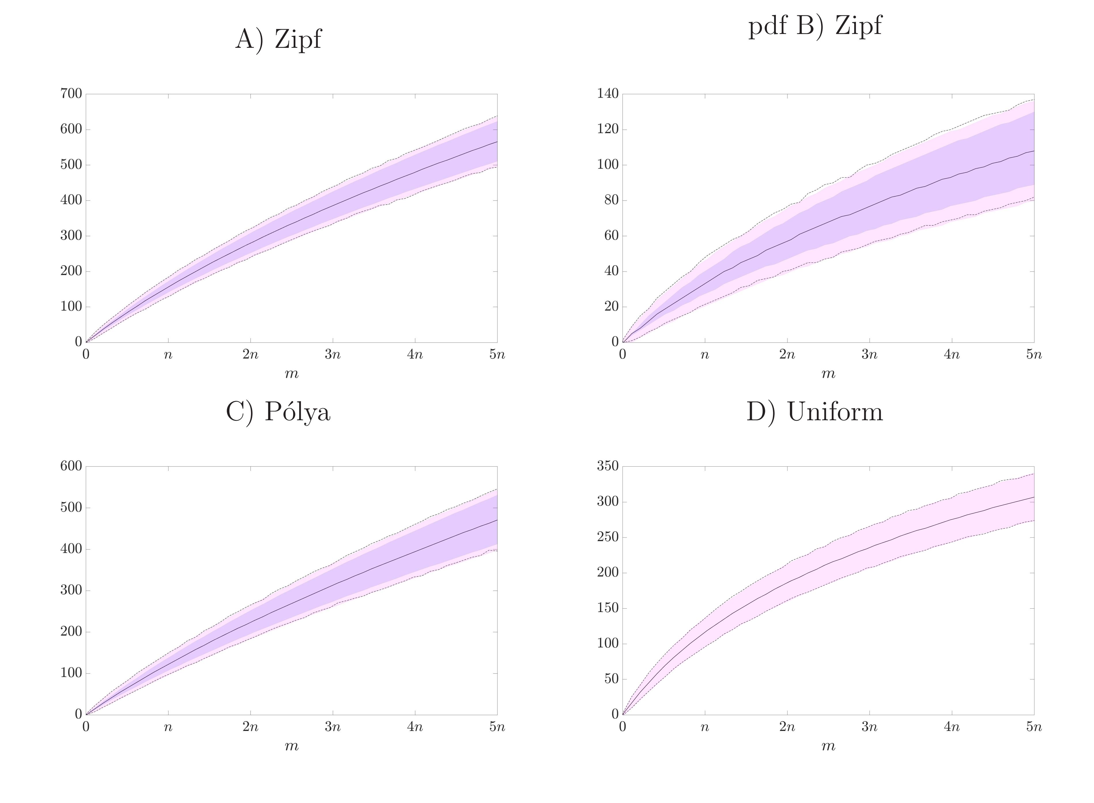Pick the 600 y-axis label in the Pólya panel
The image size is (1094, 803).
coord(71,466)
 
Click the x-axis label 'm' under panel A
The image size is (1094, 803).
coord(291,373)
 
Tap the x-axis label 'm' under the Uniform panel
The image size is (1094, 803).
coord(828,746)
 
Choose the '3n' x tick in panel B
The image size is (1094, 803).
coord(869,354)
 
